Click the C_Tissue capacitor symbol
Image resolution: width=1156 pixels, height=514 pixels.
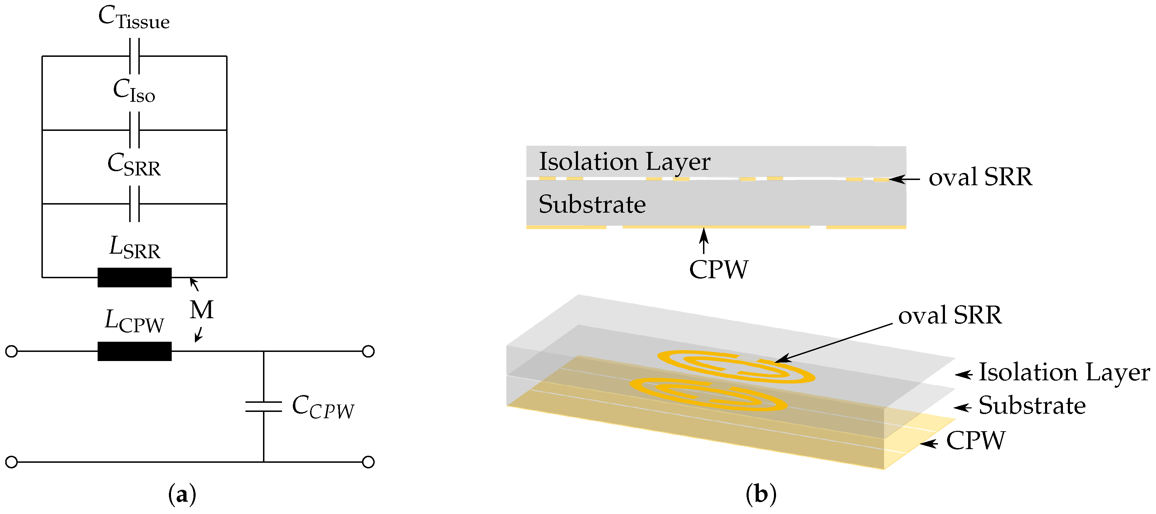(x=134, y=56)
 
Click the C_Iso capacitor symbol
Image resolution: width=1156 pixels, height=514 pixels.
(x=134, y=130)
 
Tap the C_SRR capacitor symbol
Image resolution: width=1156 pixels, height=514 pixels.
(x=134, y=204)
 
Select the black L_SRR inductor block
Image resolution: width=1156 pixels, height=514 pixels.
(x=134, y=277)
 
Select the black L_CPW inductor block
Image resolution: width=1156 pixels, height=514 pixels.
(x=134, y=351)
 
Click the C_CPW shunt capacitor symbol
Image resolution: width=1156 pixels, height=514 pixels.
(x=263, y=406)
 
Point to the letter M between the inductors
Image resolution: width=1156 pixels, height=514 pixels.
(x=202, y=310)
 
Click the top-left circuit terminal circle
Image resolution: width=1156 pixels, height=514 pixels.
(x=12, y=351)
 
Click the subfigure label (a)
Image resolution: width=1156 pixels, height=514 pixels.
(x=182, y=495)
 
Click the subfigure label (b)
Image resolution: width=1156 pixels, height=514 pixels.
(x=761, y=495)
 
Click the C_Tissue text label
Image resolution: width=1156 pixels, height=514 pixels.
(x=134, y=18)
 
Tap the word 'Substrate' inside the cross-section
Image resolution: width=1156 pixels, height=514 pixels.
(x=592, y=205)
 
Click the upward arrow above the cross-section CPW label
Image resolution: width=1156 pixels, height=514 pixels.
(x=704, y=240)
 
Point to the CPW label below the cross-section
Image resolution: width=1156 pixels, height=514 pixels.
(x=718, y=269)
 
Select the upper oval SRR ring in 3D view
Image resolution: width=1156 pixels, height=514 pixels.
(x=736, y=366)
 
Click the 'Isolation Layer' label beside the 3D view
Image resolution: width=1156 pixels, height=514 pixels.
(x=1064, y=373)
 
